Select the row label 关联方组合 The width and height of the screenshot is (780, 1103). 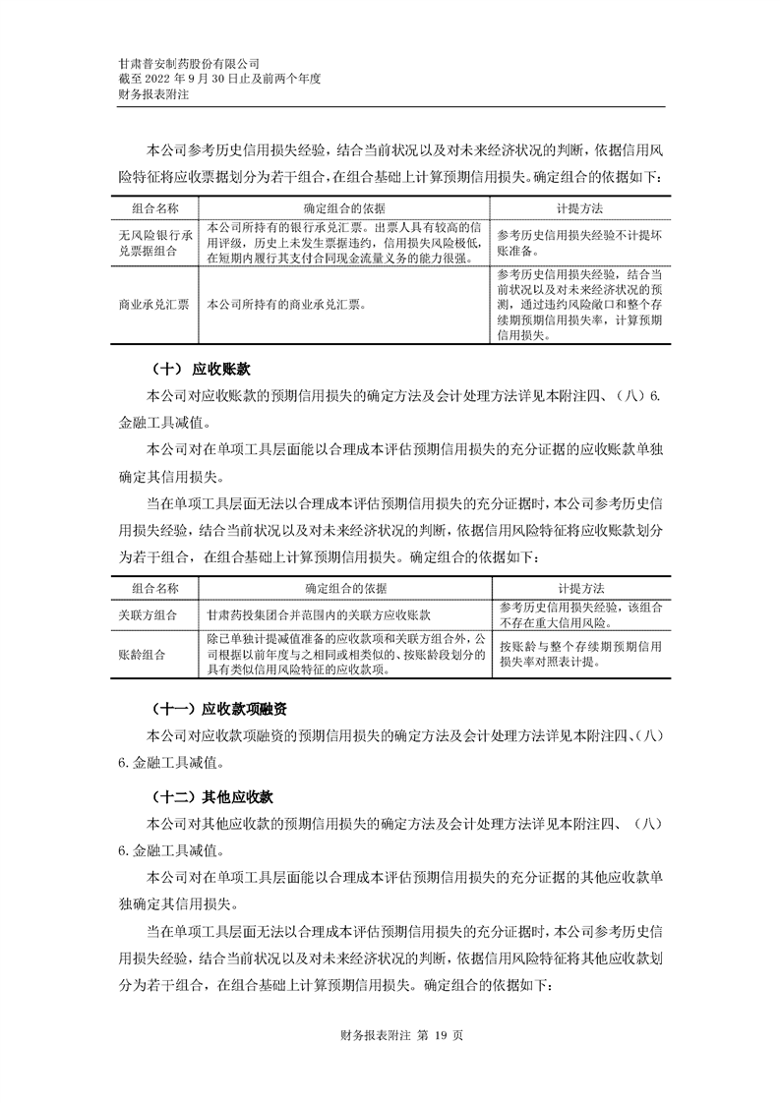[x=148, y=614]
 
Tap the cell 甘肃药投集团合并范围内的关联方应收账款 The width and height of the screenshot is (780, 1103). [x=320, y=614]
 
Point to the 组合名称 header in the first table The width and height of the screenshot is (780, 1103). [x=154, y=209]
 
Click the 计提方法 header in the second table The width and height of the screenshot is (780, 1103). [x=580, y=588]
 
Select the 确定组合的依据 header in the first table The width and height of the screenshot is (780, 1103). [x=345, y=209]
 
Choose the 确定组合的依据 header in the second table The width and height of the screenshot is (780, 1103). [x=345, y=588]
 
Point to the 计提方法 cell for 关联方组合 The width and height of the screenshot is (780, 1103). [x=579, y=614]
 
